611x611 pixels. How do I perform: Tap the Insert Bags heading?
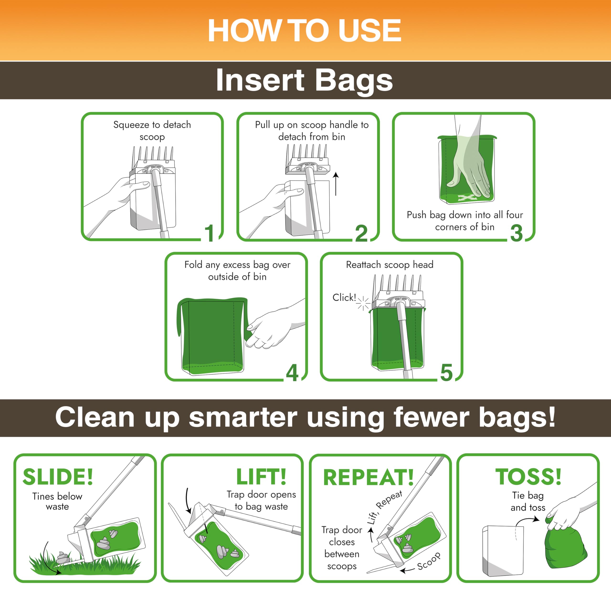pyautogui.click(x=304, y=80)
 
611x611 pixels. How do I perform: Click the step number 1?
pyautogui.click(x=210, y=233)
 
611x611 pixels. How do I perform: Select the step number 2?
pyautogui.click(x=361, y=233)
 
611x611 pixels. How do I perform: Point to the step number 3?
pyautogui.click(x=516, y=233)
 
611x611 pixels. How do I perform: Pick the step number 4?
pyautogui.click(x=292, y=373)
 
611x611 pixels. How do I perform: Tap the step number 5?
pyautogui.click(x=446, y=373)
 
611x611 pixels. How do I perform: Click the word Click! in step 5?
pyautogui.click(x=344, y=298)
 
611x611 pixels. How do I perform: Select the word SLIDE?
pyautogui.click(x=58, y=477)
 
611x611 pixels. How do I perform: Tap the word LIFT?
pyautogui.click(x=261, y=477)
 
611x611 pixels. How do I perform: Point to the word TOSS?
pyautogui.click(x=528, y=477)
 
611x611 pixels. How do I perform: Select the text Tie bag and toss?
pyautogui.click(x=528, y=501)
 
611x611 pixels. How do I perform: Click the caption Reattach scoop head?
pyautogui.click(x=390, y=265)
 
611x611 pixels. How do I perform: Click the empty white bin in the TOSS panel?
pyautogui.click(x=503, y=551)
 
